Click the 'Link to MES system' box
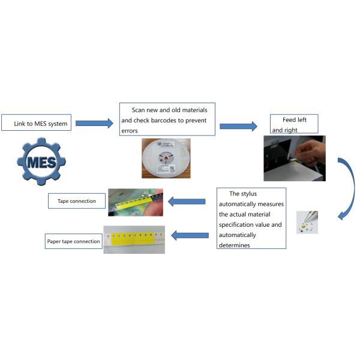point(37,124)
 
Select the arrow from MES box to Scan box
point(94,123)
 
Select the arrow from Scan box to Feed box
point(238,126)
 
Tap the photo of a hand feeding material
point(295,158)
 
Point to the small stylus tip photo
point(307,222)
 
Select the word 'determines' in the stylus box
point(238,245)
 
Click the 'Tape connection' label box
point(76,201)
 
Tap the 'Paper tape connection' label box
point(73,241)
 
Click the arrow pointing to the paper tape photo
point(190,235)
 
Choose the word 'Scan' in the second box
point(140,110)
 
